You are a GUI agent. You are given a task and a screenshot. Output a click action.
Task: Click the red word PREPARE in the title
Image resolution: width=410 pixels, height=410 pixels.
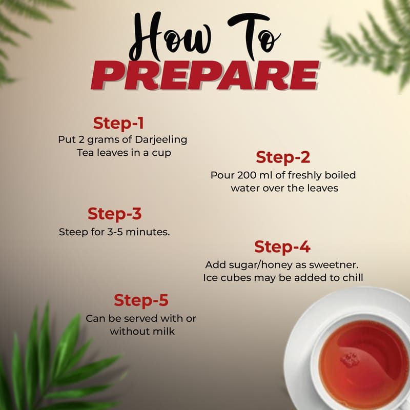pyautogui.click(x=205, y=75)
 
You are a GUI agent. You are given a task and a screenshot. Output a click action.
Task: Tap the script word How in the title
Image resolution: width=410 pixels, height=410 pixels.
pyautogui.click(x=171, y=36)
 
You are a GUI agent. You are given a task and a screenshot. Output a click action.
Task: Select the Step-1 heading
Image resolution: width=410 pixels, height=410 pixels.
pyautogui.click(x=118, y=123)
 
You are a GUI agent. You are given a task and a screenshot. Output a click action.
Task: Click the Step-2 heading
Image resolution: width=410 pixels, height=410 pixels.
pyautogui.click(x=283, y=157)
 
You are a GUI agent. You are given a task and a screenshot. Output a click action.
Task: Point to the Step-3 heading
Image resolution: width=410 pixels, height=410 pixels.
pyautogui.click(x=114, y=214)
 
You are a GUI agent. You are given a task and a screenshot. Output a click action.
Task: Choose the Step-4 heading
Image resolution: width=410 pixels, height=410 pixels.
pyautogui.click(x=282, y=247)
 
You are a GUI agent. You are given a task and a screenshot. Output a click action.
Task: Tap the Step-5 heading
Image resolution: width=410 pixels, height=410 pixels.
pyautogui.click(x=141, y=300)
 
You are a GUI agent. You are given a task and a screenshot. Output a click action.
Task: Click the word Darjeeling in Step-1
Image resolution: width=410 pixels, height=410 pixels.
pyautogui.click(x=161, y=140)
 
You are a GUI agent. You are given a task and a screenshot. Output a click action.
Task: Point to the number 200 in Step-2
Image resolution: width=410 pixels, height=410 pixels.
pyautogui.click(x=247, y=175)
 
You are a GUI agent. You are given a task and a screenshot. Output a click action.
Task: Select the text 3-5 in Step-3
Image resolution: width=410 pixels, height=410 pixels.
pyautogui.click(x=115, y=232)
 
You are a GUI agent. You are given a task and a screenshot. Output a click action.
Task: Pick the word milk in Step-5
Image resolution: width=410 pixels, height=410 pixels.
pyautogui.click(x=163, y=331)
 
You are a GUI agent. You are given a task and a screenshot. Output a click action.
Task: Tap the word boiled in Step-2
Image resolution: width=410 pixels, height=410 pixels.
pyautogui.click(x=340, y=175)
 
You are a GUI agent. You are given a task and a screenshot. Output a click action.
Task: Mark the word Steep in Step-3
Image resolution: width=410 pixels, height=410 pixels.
pyautogui.click(x=73, y=232)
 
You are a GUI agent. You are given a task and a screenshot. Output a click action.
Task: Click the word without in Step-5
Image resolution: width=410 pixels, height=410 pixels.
pyautogui.click(x=130, y=331)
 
